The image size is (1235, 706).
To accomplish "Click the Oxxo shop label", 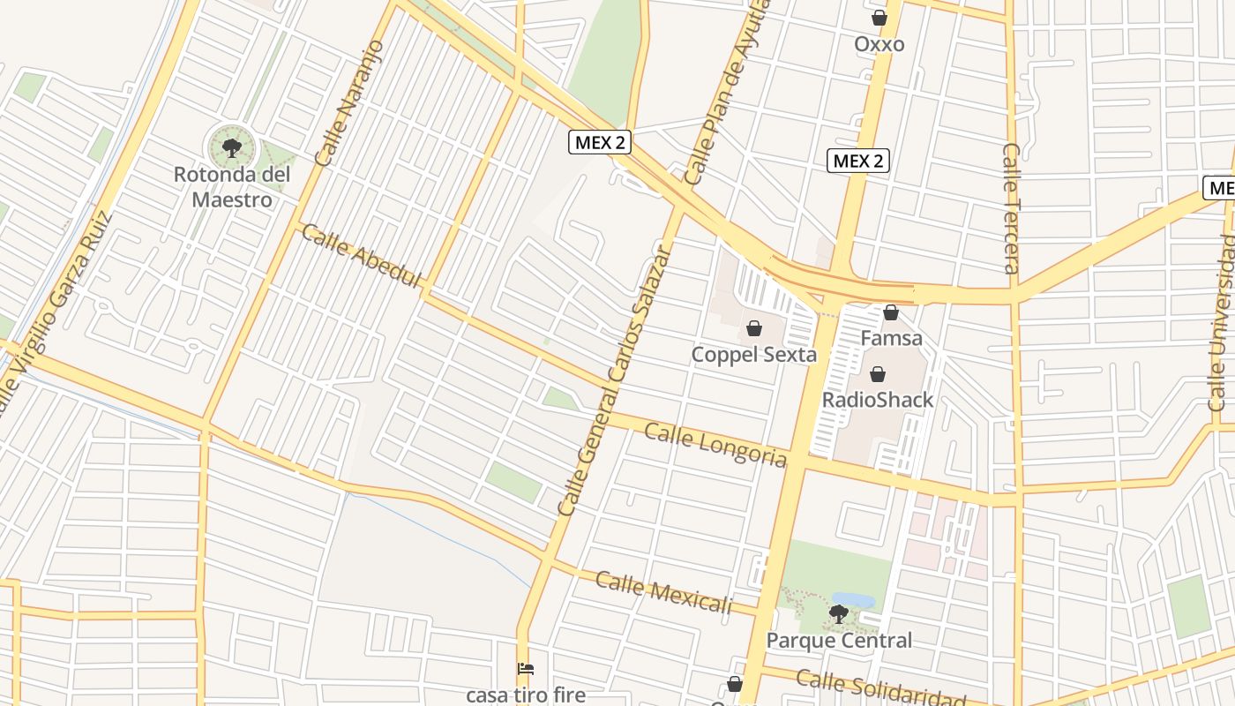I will click(879, 44).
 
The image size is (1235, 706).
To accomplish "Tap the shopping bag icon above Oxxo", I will click(879, 18).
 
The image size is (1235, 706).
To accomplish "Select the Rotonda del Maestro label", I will click(232, 186).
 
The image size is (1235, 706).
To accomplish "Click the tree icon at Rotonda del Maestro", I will click(232, 147).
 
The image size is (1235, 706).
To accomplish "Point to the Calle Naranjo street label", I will click(349, 102).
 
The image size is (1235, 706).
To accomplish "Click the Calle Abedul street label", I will click(362, 256).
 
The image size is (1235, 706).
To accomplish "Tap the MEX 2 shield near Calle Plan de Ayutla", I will click(600, 142).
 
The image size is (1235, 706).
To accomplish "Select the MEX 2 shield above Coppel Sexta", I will click(857, 161).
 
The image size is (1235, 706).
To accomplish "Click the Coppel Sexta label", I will click(753, 355).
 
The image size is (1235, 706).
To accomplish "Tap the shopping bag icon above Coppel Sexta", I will click(754, 329).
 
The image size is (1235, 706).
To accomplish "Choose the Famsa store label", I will click(891, 338).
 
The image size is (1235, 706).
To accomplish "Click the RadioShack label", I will click(877, 400).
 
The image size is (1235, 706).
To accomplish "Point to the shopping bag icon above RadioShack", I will click(877, 374).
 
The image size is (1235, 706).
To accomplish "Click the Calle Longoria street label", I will click(715, 445).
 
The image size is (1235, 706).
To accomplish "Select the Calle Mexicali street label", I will click(663, 593).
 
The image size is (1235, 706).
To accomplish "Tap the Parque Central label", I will click(839, 640).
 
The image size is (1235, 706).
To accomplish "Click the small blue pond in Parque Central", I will click(852, 600).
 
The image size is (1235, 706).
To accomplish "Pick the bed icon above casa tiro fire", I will click(526, 669).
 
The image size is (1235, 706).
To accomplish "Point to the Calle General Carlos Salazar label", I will click(614, 379).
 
